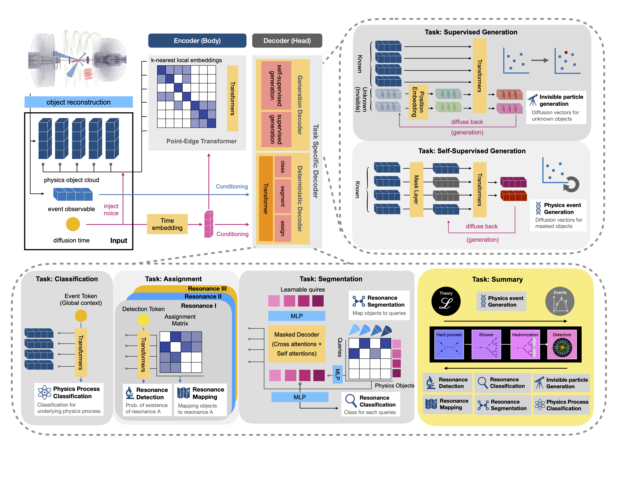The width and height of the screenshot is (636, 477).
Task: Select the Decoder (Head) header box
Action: click(x=287, y=41)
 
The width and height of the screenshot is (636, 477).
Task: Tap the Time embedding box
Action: click(x=167, y=224)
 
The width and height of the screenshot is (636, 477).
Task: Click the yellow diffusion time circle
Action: click(x=73, y=224)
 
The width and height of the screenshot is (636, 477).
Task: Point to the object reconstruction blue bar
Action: click(x=79, y=102)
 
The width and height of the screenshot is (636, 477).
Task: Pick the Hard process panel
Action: click(x=449, y=344)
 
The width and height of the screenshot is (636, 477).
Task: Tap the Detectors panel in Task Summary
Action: click(x=562, y=344)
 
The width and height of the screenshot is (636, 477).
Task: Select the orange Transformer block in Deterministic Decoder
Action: click(x=266, y=198)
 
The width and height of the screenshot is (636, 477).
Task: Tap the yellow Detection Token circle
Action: click(x=143, y=319)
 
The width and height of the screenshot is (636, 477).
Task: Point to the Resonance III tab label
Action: click(x=207, y=288)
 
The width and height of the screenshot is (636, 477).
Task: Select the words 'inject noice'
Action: click(x=111, y=210)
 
